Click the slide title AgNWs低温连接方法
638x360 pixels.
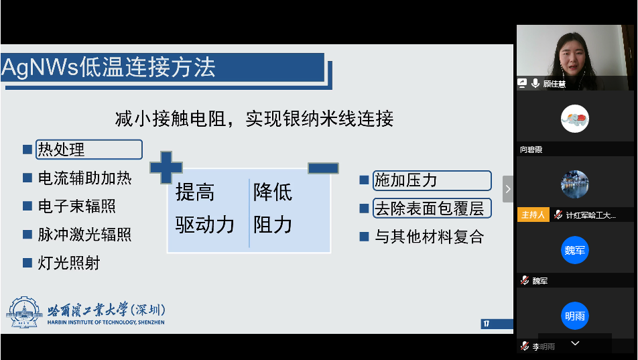(109, 68)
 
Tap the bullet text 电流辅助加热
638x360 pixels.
(84, 178)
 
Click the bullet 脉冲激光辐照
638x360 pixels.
(84, 235)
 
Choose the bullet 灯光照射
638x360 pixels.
(69, 263)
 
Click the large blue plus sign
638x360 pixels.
(166, 167)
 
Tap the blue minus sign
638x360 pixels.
(322, 168)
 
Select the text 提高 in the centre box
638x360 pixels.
(195, 193)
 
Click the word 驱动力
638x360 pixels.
(205, 225)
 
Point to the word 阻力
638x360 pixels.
(273, 225)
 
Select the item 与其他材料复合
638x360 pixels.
(429, 237)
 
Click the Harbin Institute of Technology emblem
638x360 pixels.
(25, 313)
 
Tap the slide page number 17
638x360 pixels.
(487, 324)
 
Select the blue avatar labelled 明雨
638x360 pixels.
(574, 316)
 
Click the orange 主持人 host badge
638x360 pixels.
(533, 215)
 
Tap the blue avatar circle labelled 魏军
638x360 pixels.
(574, 251)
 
